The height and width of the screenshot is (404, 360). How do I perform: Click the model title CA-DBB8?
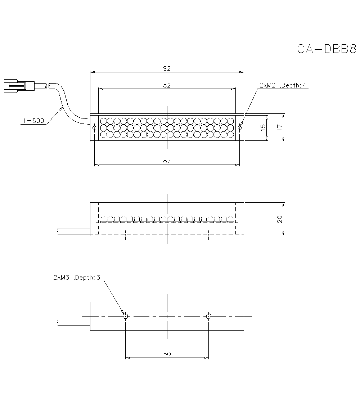pyautogui.click(x=327, y=49)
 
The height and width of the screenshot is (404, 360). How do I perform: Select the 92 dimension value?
pyautogui.click(x=167, y=68)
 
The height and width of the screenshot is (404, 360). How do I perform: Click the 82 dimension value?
pyautogui.click(x=167, y=85)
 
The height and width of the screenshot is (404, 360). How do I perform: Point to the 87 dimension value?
pyautogui.click(x=167, y=161)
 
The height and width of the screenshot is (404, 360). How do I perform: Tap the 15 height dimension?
pyautogui.click(x=263, y=127)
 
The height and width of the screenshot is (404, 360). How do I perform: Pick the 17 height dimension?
pyautogui.click(x=279, y=127)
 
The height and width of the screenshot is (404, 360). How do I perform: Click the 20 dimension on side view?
pyautogui.click(x=279, y=219)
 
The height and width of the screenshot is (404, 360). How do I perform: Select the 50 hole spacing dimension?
pyautogui.click(x=167, y=354)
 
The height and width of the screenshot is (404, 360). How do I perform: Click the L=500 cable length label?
pyautogui.click(x=33, y=121)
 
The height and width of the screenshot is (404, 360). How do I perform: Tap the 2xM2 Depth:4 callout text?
pyautogui.click(x=283, y=85)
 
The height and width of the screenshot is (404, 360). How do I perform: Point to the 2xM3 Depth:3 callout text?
pyautogui.click(x=77, y=277)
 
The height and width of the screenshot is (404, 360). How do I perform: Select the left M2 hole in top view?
pyautogui.click(x=94, y=127)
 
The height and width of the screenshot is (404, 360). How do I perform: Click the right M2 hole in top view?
pyautogui.click(x=240, y=127)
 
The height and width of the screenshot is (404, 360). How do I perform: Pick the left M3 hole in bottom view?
pyautogui.click(x=125, y=316)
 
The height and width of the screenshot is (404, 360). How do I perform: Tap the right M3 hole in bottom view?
pyautogui.click(x=209, y=316)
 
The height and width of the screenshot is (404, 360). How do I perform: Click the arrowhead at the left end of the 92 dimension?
pyautogui.click(x=92, y=72)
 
